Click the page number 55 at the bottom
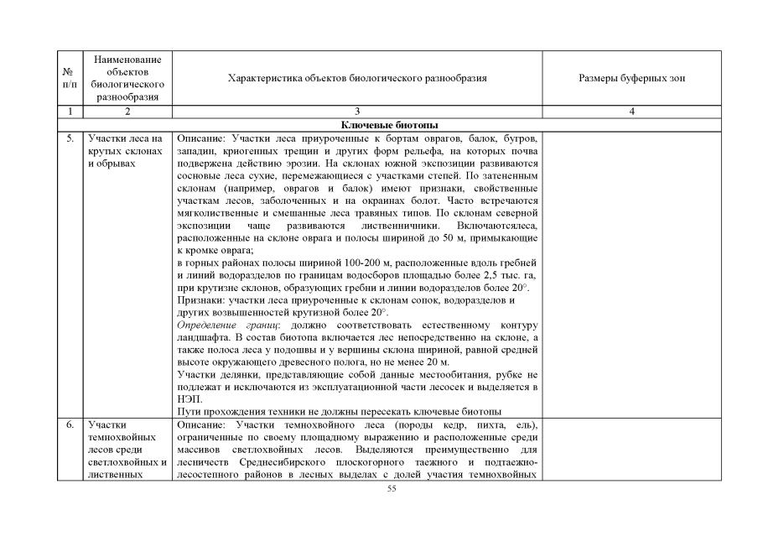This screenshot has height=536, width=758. coord(391,489)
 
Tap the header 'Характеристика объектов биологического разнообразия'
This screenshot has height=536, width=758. coord(357,78)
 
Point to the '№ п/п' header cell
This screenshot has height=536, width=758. coord(70,78)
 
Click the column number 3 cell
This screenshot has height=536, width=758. coord(357,111)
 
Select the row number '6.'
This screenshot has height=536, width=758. coord(70,425)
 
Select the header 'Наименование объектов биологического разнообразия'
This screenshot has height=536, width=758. coord(128,78)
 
